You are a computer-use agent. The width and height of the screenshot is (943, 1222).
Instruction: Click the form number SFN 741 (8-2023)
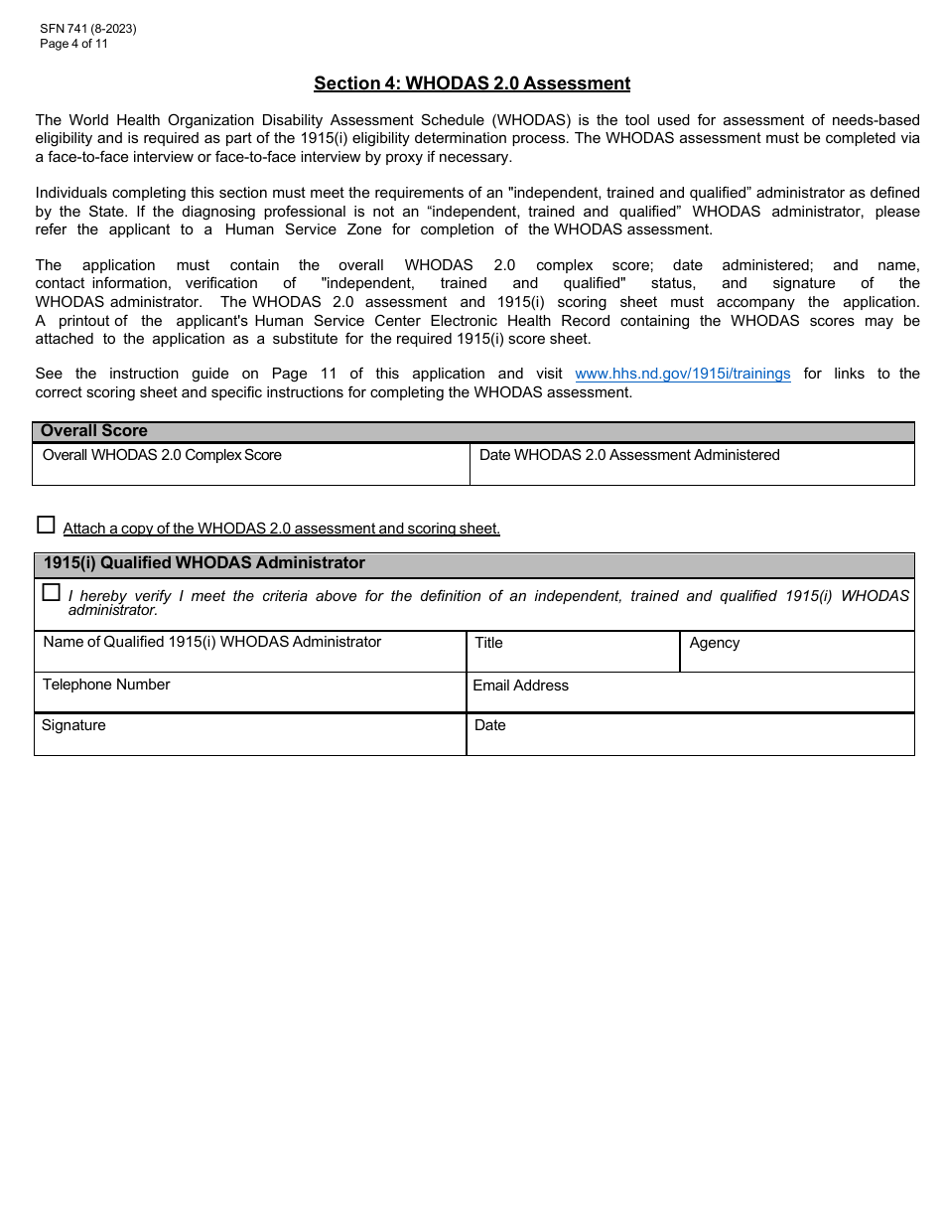coord(87,29)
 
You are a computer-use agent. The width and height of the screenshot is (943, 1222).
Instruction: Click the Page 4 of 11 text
coord(73,44)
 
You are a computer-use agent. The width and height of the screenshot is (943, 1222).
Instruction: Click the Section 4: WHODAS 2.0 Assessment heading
coord(471,83)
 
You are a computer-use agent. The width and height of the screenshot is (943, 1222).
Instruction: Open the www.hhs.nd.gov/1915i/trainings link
coord(683,375)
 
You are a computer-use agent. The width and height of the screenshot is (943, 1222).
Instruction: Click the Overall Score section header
coord(94,431)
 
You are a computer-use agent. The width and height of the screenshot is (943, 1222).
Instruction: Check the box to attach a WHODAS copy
coord(46,525)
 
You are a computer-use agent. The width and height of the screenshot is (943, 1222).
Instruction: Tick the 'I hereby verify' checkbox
coord(52,593)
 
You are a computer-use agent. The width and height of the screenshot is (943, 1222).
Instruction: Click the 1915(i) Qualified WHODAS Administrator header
coord(203,563)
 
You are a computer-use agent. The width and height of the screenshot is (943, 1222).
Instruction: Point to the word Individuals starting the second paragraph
coord(71,193)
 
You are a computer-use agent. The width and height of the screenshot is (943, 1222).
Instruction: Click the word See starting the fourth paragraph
coord(48,375)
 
